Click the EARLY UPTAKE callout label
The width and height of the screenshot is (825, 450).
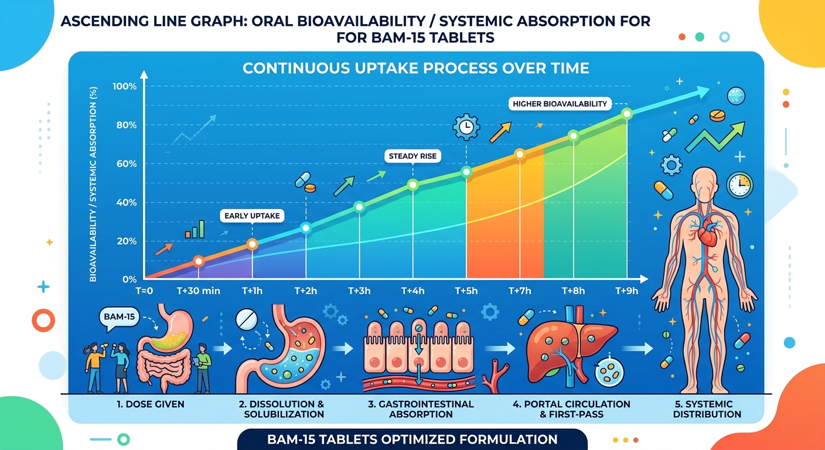click(x=252, y=216)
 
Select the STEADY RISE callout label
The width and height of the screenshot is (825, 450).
click(x=413, y=156)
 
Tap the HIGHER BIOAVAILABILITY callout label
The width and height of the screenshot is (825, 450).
click(x=560, y=104)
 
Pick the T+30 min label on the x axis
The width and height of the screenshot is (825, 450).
click(x=199, y=291)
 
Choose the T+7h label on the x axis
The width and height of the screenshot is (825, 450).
click(x=519, y=291)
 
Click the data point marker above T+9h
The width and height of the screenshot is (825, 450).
click(x=626, y=113)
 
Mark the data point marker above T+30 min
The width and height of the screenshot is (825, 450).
click(x=199, y=261)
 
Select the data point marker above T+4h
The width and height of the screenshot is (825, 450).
click(x=412, y=185)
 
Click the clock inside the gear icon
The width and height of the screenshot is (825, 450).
click(x=466, y=127)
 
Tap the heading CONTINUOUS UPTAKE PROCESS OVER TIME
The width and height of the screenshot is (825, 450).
click(x=416, y=68)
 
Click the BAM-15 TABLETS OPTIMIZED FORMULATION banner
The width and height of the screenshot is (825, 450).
click(x=412, y=439)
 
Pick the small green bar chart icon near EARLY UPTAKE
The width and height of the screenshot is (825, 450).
click(x=195, y=230)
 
